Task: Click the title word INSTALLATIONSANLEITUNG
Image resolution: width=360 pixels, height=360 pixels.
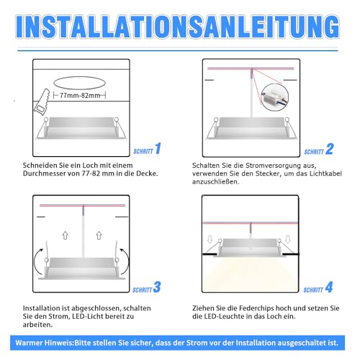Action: coord(180,24)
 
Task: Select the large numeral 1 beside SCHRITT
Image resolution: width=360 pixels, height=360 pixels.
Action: coord(158,150)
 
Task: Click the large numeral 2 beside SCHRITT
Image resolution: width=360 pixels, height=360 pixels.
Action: coord(329,150)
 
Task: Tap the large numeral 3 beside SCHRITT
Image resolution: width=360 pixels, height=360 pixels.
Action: coord(158,288)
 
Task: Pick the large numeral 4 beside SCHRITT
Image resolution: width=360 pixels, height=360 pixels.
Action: coord(329,288)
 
